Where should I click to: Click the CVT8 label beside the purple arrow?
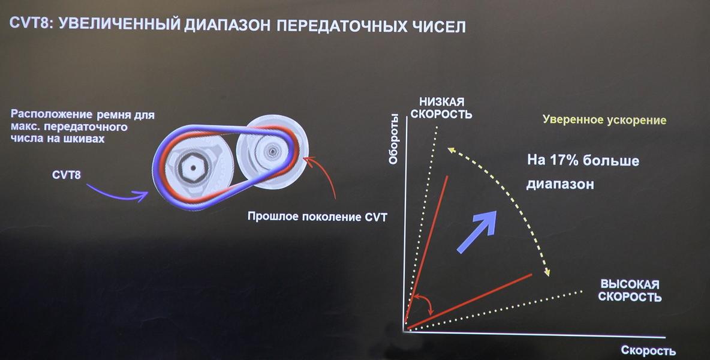point(66,175)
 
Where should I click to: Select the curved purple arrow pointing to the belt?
point(118,193)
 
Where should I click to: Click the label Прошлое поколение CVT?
point(317,217)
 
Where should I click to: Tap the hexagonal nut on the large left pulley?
point(192,167)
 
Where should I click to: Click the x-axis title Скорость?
point(648,350)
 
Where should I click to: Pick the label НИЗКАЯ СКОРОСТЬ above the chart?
point(441,108)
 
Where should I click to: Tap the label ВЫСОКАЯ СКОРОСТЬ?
point(630,290)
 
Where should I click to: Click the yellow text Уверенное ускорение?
point(604,120)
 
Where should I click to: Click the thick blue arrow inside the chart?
point(476,232)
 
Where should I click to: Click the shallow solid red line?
point(470,301)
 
